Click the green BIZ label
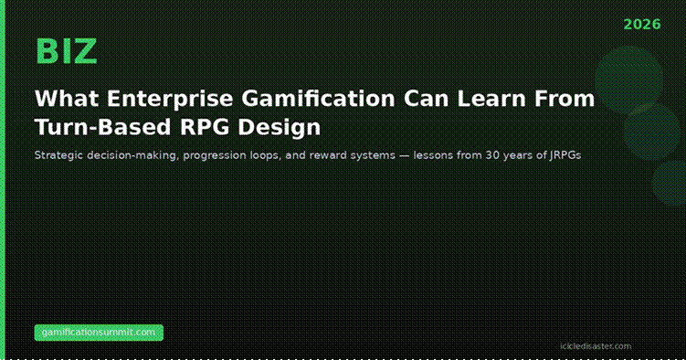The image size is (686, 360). coord(66,51)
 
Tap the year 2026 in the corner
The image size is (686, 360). coord(642,25)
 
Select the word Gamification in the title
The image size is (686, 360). coord(318,99)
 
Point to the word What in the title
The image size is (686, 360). coord(67,99)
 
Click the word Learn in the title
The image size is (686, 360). coord(491,99)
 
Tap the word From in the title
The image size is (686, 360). coord(565,99)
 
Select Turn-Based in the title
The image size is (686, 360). coord(103,127)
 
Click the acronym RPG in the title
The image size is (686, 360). coord(205,127)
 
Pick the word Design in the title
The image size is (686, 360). coord(280,127)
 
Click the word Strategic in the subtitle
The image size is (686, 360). coord(58,155)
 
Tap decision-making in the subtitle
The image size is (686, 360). coord(133,155)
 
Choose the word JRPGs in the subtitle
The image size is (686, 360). coord(565,155)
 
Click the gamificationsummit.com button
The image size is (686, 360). coord(99,333)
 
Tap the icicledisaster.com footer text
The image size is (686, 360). coord(596,346)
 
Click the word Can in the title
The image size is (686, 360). coord(427,99)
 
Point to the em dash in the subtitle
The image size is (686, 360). coord(405,155)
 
